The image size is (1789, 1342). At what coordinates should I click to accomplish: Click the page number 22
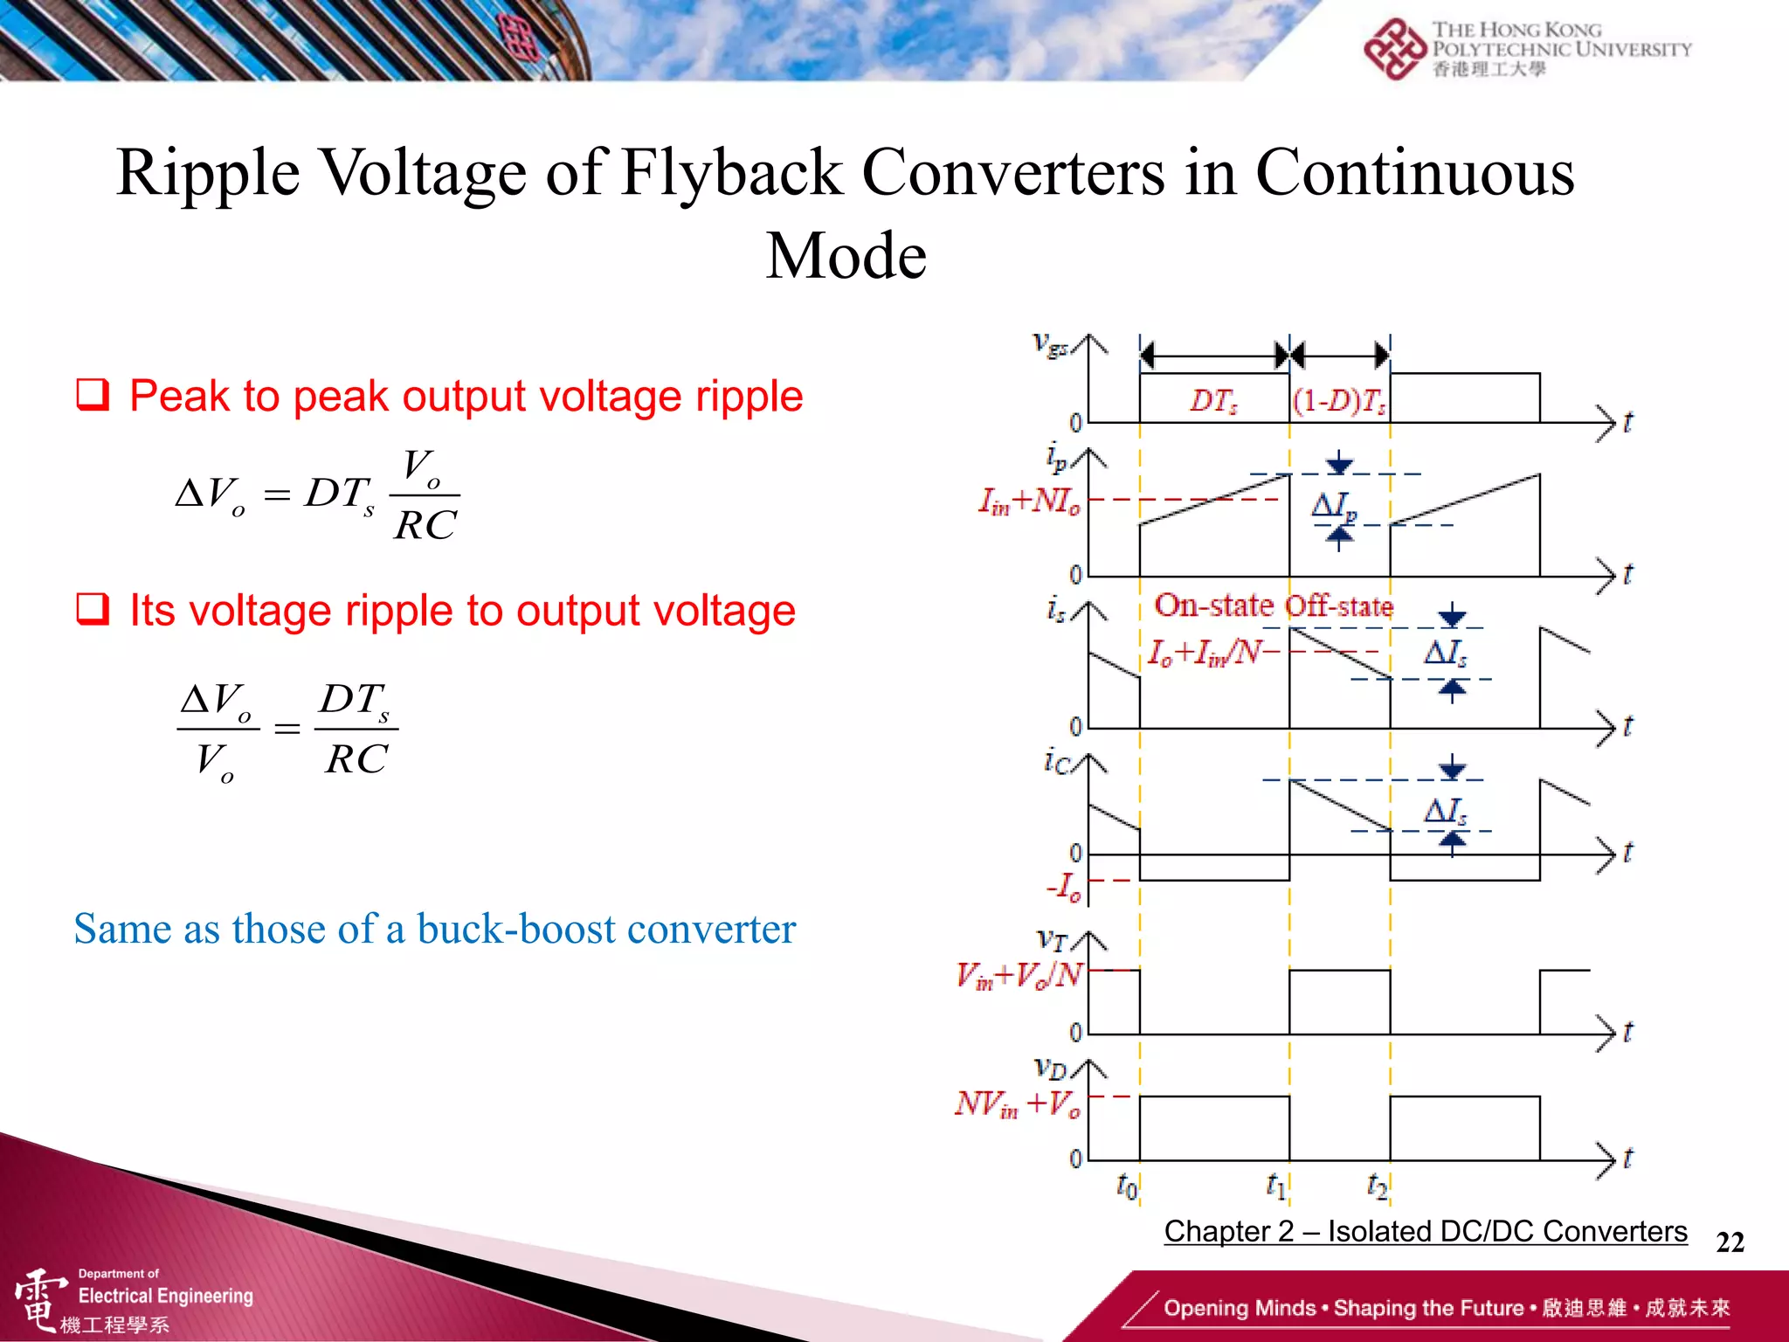click(1730, 1242)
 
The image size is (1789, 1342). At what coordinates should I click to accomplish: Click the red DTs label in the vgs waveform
click(1213, 401)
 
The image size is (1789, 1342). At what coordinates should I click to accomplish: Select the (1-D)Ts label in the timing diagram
click(1339, 401)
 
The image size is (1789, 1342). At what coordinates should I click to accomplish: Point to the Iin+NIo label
click(1028, 502)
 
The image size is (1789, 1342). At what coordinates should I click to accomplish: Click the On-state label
click(1213, 605)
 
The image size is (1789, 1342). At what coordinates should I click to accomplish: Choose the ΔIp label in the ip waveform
click(1335, 507)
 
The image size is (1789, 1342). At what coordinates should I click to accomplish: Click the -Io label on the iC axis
click(1065, 886)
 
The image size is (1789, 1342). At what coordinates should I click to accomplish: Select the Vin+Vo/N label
click(1019, 974)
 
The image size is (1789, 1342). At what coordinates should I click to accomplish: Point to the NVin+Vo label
click(1018, 1104)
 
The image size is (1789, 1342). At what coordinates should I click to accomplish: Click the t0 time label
click(1127, 1186)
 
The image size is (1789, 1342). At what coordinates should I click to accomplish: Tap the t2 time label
click(1377, 1186)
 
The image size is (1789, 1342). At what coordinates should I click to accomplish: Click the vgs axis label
click(1050, 344)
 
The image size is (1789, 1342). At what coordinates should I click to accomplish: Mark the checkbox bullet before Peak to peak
click(93, 395)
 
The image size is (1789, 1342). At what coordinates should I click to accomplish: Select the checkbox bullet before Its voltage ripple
click(93, 609)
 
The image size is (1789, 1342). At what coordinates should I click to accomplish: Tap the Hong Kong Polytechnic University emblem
click(1394, 49)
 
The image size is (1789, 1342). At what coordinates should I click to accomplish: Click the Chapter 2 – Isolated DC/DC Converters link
click(1426, 1231)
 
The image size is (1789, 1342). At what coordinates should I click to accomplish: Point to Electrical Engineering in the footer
click(165, 1296)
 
